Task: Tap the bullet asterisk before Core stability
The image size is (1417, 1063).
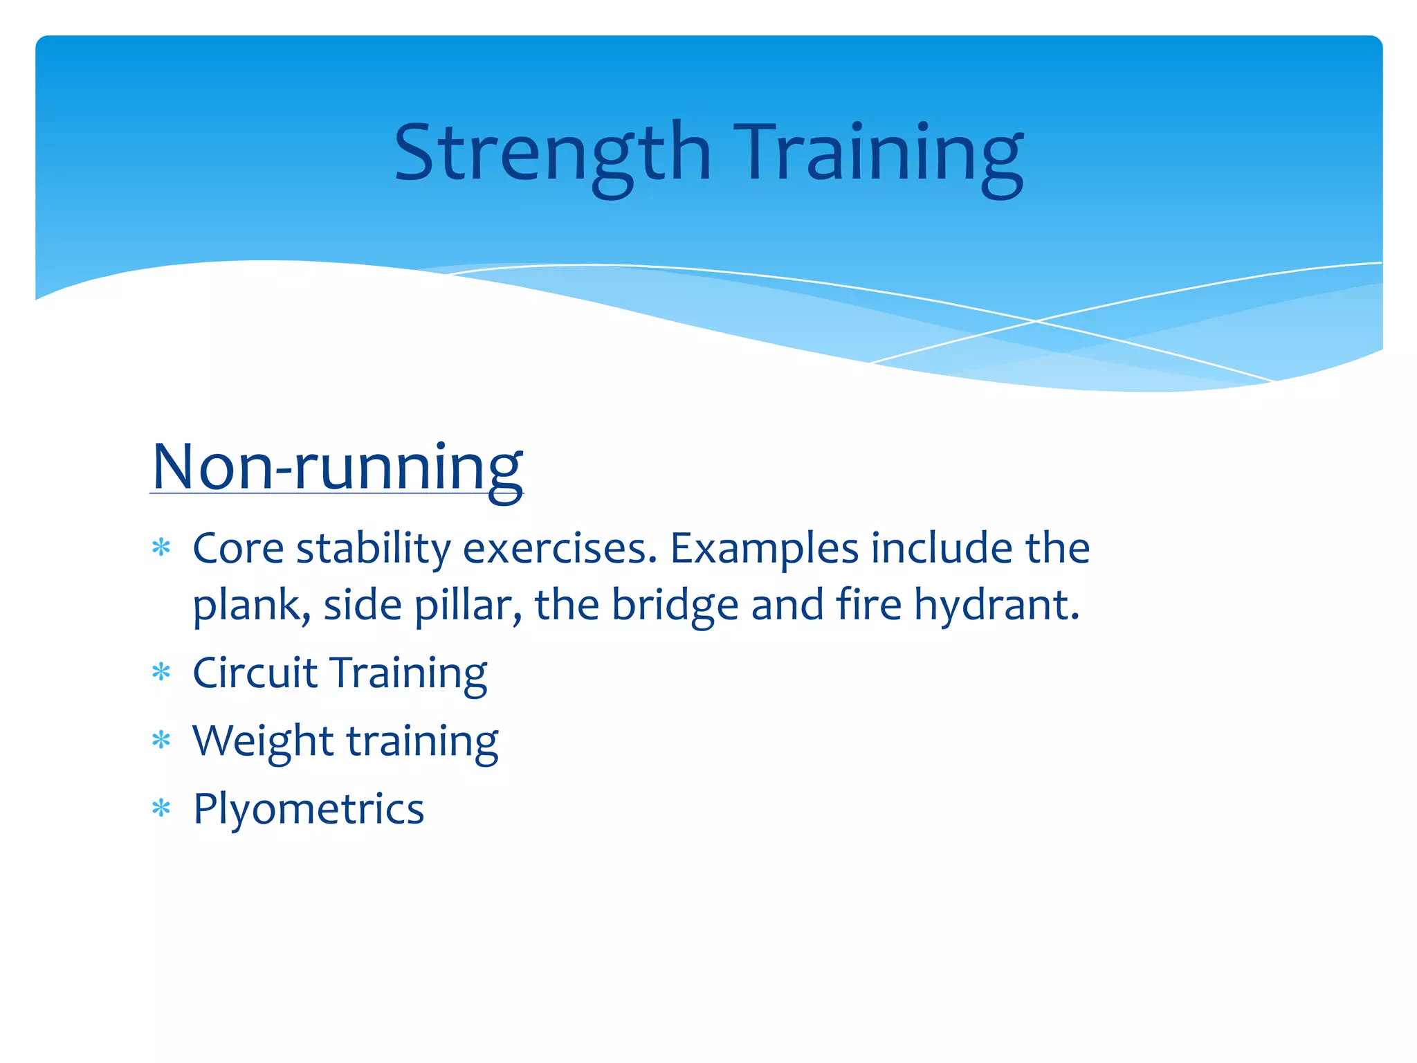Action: (161, 548)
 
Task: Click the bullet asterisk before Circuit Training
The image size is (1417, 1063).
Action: (161, 672)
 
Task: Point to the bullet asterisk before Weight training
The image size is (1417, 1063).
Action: (161, 741)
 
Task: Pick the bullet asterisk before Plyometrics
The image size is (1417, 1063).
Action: (161, 808)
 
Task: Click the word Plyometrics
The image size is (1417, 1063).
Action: (309, 808)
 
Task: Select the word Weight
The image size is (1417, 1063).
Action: (263, 741)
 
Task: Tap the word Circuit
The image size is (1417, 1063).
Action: (255, 672)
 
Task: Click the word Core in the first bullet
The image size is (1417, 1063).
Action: (238, 548)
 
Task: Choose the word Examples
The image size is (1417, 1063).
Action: (765, 548)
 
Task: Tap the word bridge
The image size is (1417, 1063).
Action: (675, 606)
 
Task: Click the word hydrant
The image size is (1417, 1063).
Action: (996, 606)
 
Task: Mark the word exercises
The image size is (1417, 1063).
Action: (560, 548)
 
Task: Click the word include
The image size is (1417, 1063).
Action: (942, 548)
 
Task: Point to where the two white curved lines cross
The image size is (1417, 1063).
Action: (1036, 320)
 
